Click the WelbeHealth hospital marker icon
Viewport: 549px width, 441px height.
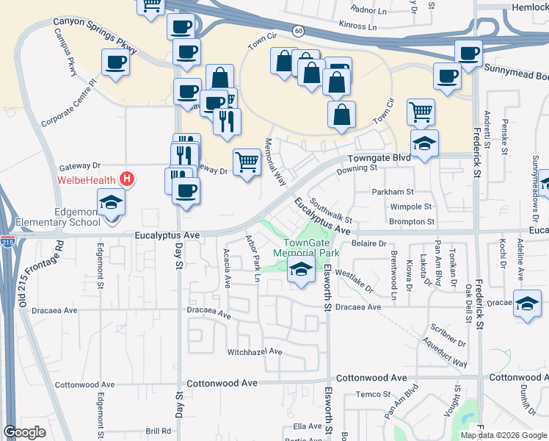pos(128,179)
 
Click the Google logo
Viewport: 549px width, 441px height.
pos(25,432)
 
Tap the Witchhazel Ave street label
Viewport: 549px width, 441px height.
pos(255,351)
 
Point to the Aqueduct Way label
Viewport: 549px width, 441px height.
pos(444,353)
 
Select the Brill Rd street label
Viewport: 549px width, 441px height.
pos(158,431)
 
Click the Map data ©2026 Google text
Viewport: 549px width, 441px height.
pos(502,434)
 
